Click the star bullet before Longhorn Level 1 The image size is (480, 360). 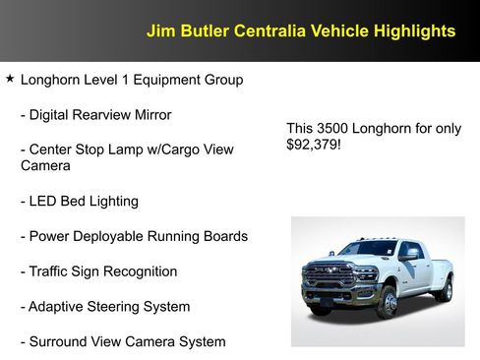click(x=10, y=78)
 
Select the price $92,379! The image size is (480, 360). click(x=314, y=145)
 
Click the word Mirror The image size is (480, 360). click(x=149, y=115)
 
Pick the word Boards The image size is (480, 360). click(x=224, y=236)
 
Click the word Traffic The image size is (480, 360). click(x=52, y=271)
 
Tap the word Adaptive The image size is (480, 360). click(x=58, y=307)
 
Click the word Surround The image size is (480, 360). click(x=59, y=342)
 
